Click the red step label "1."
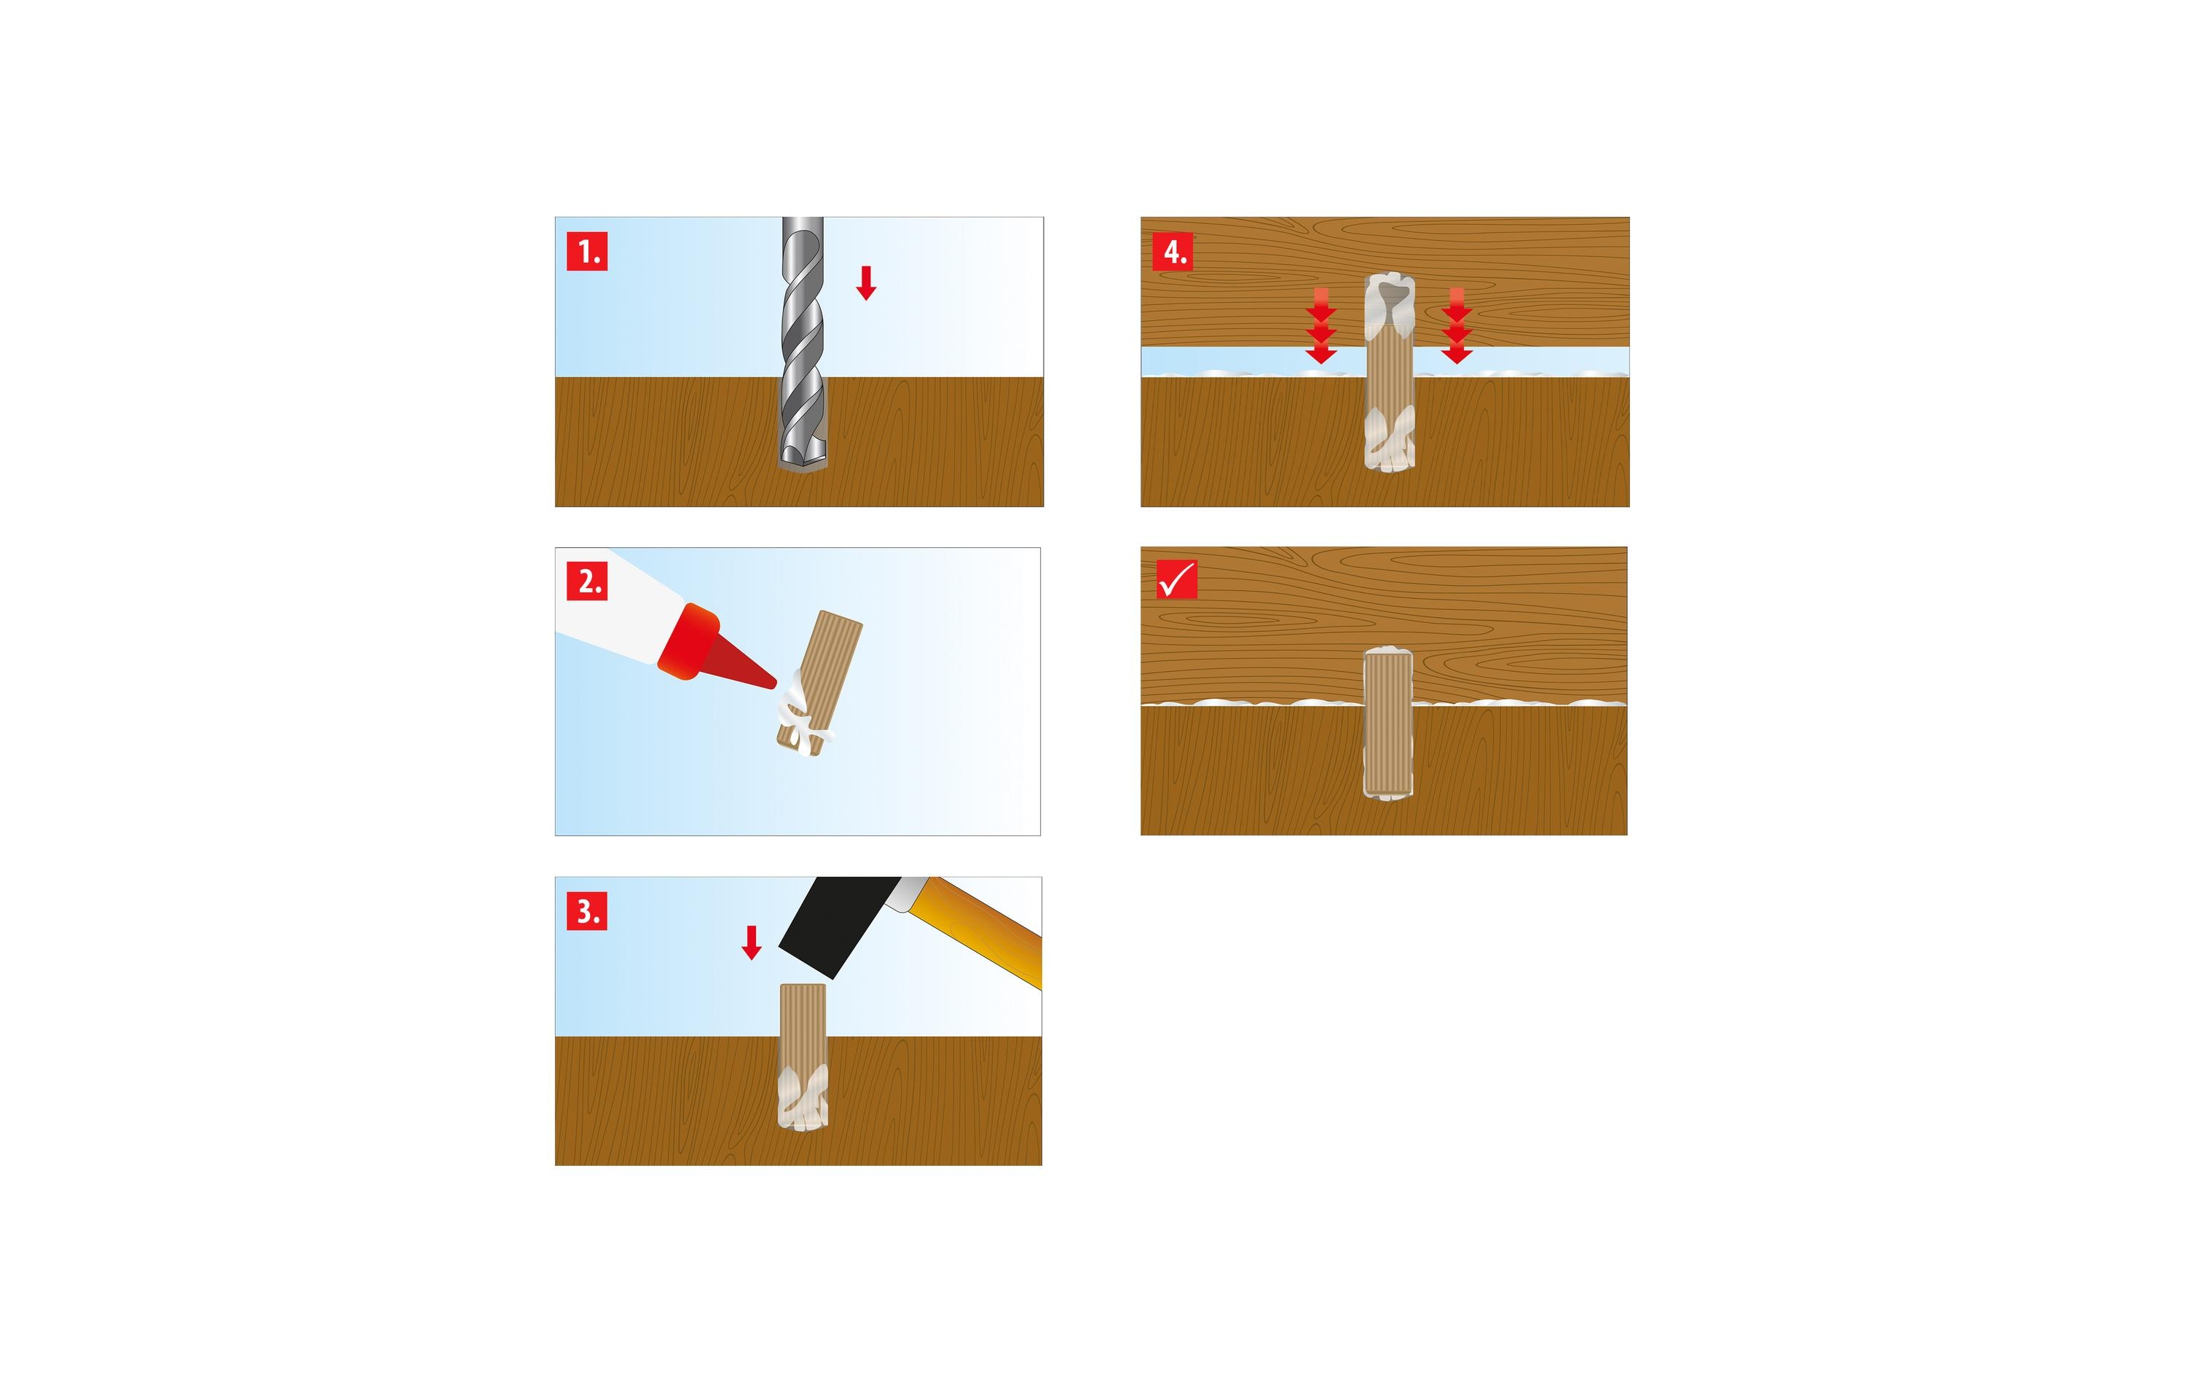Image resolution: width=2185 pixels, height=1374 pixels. pos(587,251)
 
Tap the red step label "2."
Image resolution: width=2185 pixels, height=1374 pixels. pos(587,581)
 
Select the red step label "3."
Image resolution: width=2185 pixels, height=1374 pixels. pos(587,910)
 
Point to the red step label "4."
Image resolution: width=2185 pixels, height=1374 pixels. pos(1173,251)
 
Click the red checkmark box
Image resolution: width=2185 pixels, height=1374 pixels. pos(1177,579)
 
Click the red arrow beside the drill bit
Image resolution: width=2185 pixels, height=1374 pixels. pos(867,283)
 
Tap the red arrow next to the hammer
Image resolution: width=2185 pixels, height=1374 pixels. pos(752,942)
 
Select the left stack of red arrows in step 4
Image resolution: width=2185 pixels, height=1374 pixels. pos(1321,325)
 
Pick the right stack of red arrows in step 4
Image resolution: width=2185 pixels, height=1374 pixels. pos(1457,325)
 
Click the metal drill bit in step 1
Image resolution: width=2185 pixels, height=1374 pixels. pos(803,343)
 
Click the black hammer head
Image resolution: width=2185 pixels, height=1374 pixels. pos(837,924)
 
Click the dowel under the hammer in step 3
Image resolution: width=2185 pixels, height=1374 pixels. pos(803,1056)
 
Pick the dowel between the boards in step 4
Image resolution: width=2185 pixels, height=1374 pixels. pos(1389,372)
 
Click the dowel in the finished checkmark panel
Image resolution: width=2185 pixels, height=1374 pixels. pos(1388,722)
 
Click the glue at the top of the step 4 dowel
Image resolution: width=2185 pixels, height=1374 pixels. pos(1390,299)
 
